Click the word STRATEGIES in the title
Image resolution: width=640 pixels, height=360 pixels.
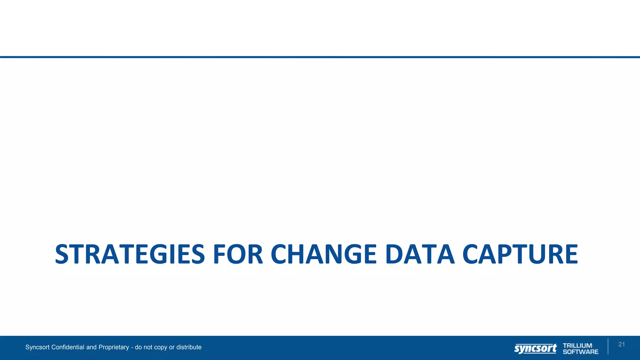[x=130, y=254]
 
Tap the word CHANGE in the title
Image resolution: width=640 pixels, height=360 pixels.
[x=324, y=254]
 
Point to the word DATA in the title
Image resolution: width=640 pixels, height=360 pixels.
[x=420, y=254]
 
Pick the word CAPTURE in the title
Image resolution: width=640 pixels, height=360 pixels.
[x=520, y=254]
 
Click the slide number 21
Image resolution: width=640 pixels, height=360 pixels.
[x=622, y=344]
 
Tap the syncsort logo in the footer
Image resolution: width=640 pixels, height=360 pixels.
[x=535, y=348]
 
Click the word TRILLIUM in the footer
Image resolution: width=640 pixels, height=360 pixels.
[x=577, y=346]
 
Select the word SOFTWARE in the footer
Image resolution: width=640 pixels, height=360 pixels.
[x=581, y=352]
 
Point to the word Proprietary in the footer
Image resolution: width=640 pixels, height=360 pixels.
[x=113, y=347]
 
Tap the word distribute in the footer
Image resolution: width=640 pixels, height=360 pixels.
[x=189, y=347]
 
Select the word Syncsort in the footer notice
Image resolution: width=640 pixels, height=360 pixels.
[x=37, y=347]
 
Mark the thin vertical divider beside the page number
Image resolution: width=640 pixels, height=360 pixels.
[x=608, y=346]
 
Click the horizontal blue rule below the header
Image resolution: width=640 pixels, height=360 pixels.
[x=320, y=57]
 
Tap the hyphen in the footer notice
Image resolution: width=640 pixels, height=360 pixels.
[x=132, y=347]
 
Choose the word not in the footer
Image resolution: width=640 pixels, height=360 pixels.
[x=148, y=347]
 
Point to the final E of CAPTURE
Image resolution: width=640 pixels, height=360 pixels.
[x=571, y=254]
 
